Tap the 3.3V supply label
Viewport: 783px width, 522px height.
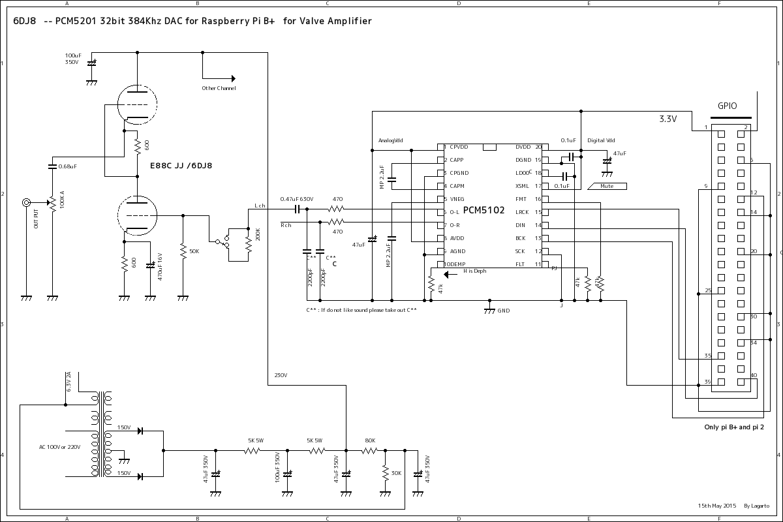pyautogui.click(x=668, y=119)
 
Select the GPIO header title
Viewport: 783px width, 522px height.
pyautogui.click(x=727, y=106)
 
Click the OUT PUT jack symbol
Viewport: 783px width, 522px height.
pyautogui.click(x=27, y=203)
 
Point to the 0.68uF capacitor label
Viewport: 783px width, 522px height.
pyautogui.click(x=68, y=166)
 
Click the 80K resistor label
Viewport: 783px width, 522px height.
pyautogui.click(x=370, y=440)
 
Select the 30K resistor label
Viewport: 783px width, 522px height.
pyautogui.click(x=395, y=473)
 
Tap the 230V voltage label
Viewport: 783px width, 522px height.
pyautogui.click(x=281, y=375)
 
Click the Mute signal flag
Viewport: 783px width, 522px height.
pyautogui.click(x=607, y=186)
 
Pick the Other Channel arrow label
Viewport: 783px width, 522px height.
pyautogui.click(x=219, y=88)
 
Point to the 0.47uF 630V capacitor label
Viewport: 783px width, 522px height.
pyautogui.click(x=297, y=199)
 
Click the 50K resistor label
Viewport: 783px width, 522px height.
pyautogui.click(x=194, y=251)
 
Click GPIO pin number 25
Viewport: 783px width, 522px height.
pyautogui.click(x=708, y=290)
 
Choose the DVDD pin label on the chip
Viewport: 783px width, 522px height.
pyautogui.click(x=523, y=147)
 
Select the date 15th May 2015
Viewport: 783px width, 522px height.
pyautogui.click(x=716, y=506)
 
